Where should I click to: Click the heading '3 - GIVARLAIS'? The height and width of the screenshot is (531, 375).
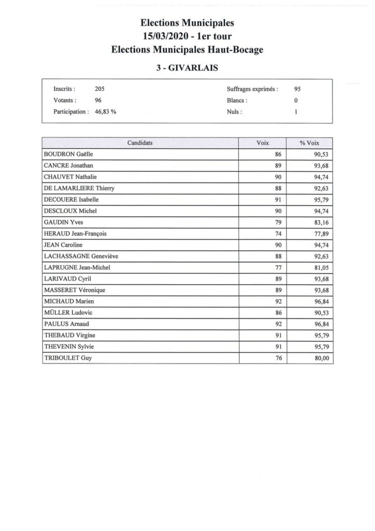187,67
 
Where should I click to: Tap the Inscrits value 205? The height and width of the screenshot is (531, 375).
100,89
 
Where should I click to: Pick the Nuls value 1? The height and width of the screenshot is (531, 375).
295,111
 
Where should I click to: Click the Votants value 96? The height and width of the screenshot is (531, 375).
98,100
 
